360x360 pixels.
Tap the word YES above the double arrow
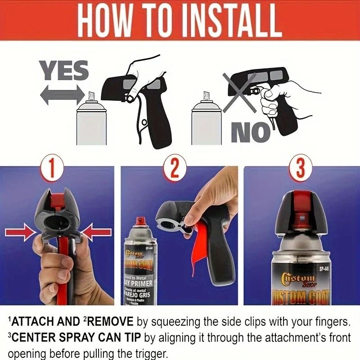(x=64, y=72)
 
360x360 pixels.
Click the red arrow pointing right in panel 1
(x=21, y=232)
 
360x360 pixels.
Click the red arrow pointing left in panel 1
(x=99, y=232)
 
